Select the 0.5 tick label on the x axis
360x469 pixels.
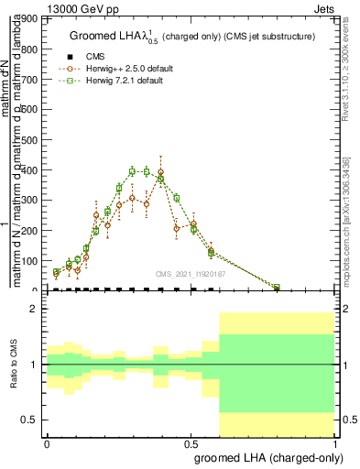191,443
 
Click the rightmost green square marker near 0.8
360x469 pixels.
277,287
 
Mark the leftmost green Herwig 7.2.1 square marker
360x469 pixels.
57,272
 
